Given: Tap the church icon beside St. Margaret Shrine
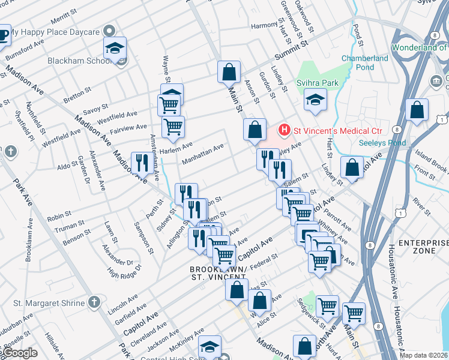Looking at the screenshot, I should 94,302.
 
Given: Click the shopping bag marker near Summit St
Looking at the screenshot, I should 229,72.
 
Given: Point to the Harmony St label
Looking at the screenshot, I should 267,26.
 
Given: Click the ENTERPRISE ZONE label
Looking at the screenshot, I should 424,246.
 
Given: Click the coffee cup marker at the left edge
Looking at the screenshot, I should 3,35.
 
